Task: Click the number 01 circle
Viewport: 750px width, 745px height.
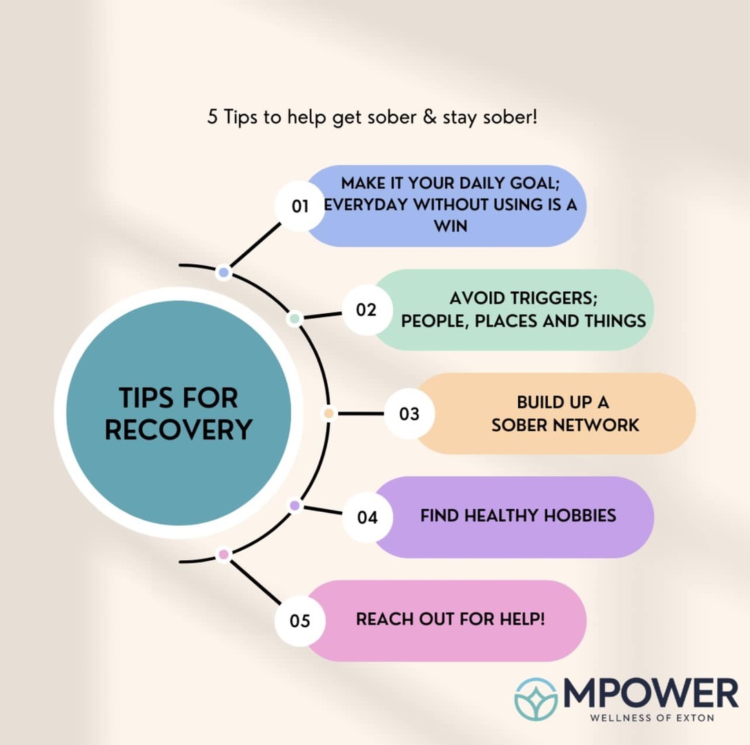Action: point(300,206)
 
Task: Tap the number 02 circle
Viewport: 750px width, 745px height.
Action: point(367,310)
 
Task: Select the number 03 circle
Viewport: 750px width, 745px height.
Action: point(409,414)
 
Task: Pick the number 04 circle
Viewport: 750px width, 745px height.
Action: point(367,517)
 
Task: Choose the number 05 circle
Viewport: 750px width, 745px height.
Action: point(300,621)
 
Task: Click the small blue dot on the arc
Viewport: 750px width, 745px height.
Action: point(224,272)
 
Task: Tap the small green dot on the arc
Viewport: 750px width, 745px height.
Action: point(295,319)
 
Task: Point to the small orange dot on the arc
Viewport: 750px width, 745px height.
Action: point(328,414)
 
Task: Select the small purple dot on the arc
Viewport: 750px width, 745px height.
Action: point(295,506)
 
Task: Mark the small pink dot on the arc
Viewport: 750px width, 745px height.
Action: point(224,555)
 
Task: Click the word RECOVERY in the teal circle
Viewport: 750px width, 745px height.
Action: point(179,429)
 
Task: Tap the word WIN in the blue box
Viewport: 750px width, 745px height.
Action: point(450,226)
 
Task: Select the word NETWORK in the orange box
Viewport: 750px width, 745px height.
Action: point(595,425)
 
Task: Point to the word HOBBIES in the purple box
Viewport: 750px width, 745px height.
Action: point(580,515)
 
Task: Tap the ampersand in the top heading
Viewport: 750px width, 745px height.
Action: point(430,117)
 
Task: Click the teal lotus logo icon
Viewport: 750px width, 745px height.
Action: point(535,699)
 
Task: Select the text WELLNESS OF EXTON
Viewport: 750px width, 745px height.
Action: point(652,717)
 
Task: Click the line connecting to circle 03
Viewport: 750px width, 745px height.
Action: point(360,414)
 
